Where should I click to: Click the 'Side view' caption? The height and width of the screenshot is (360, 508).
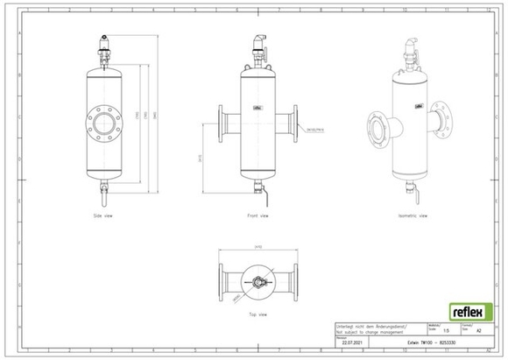[103, 215]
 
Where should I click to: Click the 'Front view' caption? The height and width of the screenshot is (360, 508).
[258, 215]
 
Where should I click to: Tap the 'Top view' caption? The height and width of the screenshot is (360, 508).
[257, 313]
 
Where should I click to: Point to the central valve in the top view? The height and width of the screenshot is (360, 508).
[257, 281]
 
